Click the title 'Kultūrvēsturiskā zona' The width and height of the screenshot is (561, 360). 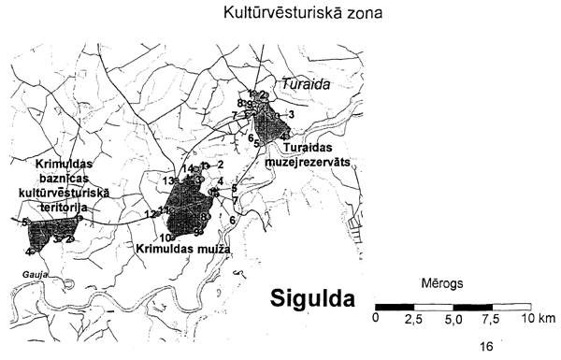point(298,15)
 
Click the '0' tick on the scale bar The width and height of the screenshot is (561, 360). point(375,319)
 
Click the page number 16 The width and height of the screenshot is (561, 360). point(486,346)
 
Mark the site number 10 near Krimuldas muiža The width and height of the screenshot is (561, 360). point(163,238)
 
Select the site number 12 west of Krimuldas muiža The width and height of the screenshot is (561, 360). point(150,214)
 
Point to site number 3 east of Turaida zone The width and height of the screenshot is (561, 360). point(292,114)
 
